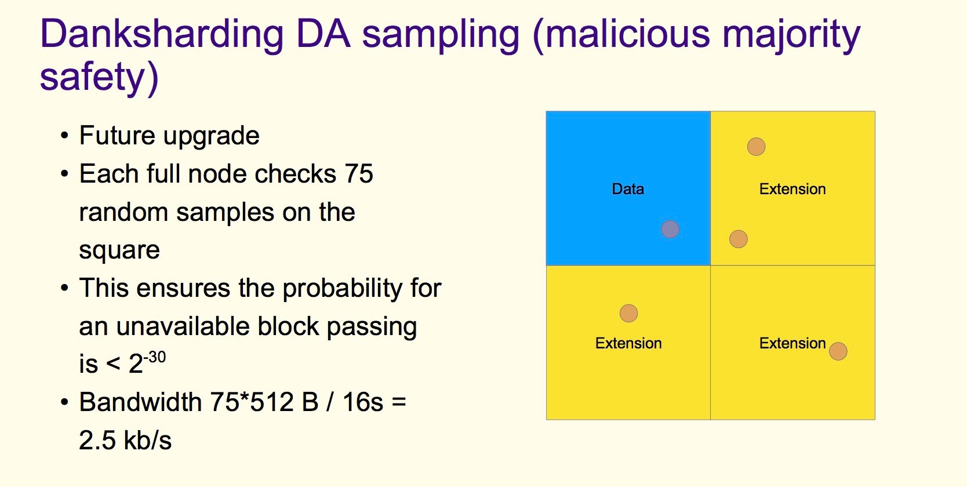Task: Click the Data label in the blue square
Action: (628, 188)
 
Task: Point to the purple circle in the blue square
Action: (670, 229)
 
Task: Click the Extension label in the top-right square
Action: (792, 188)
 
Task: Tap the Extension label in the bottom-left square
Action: (628, 343)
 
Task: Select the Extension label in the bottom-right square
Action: (792, 343)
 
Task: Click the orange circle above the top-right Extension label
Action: (757, 147)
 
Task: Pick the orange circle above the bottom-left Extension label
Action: (628, 314)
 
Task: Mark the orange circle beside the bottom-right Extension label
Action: (838, 351)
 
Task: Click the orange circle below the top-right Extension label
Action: (739, 239)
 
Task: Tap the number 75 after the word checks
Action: (359, 174)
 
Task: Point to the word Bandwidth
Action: (141, 402)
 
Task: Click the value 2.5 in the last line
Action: (97, 441)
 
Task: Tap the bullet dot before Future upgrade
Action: (65, 136)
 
